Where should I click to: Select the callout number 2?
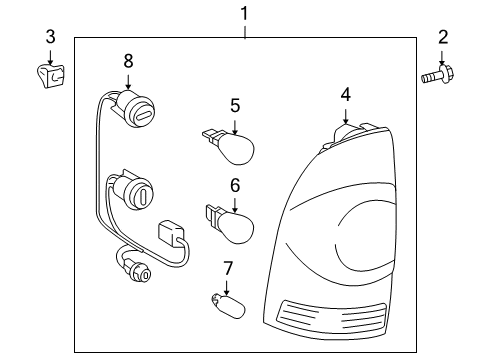pyautogui.click(x=443, y=38)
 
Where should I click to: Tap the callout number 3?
pyautogui.click(x=50, y=37)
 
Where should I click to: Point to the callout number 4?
pyautogui.click(x=345, y=94)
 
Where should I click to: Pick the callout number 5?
pyautogui.click(x=234, y=103)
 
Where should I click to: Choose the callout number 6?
pyautogui.click(x=234, y=185)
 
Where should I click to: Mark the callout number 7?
pyautogui.click(x=227, y=267)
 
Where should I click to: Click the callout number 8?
pyautogui.click(x=128, y=61)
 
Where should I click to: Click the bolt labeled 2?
pyautogui.click(x=439, y=75)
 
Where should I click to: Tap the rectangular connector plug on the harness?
pyautogui.click(x=170, y=238)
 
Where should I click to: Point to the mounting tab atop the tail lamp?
pyautogui.click(x=344, y=134)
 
